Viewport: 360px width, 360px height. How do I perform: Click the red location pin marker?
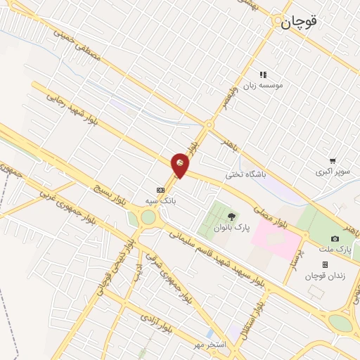click(x=181, y=164)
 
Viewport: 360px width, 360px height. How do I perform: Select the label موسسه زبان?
click(x=262, y=85)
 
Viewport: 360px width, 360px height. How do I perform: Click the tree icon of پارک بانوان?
click(x=231, y=216)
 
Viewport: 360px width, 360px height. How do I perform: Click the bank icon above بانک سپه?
click(x=160, y=189)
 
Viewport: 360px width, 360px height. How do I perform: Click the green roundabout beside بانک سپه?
click(x=148, y=217)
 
